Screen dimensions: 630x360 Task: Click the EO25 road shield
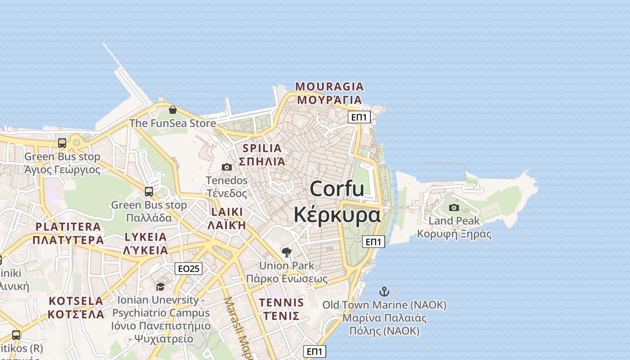tap(189, 269)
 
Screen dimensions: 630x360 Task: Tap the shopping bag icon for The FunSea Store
tap(172, 109)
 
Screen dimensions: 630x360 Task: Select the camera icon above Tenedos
tap(227, 167)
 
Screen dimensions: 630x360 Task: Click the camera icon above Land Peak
tap(454, 207)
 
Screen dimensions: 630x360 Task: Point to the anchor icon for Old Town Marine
tap(384, 292)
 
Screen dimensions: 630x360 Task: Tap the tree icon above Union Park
tap(286, 252)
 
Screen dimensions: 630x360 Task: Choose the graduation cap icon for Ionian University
tap(160, 287)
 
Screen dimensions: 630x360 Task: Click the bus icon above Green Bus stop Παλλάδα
tap(149, 192)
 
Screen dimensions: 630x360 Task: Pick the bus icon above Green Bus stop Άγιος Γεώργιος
tap(62, 143)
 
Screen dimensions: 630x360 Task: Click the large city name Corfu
tap(337, 188)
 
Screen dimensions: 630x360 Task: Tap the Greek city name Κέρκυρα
tap(337, 215)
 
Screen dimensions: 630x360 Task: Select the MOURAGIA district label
tap(329, 86)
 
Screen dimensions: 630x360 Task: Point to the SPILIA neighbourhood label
tap(262, 148)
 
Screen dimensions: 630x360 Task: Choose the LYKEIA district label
tap(145, 237)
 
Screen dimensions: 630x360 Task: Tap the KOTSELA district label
tap(76, 301)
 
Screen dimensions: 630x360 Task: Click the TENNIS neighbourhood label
tap(282, 302)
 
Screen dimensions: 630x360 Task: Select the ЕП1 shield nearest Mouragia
tap(359, 117)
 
